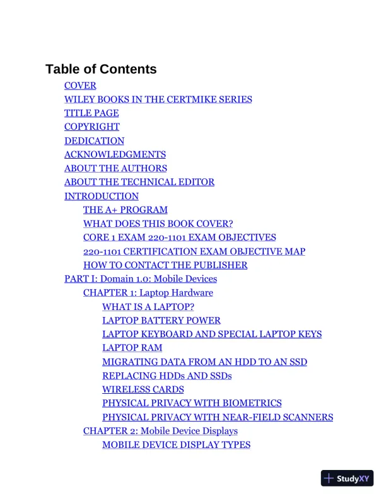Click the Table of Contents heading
(101, 69)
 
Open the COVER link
(80, 86)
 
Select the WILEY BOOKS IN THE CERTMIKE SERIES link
(158, 100)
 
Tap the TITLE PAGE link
(91, 113)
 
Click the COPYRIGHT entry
(91, 127)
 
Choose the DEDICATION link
(94, 141)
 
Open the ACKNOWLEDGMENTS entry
(115, 154)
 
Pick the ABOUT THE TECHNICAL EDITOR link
(139, 182)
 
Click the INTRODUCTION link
(101, 196)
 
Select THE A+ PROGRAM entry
(125, 210)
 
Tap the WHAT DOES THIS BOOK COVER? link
(158, 224)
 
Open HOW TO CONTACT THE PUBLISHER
(165, 265)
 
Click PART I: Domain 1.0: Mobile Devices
(140, 278)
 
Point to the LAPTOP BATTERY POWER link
(161, 320)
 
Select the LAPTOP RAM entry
(132, 348)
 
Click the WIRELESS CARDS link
(143, 389)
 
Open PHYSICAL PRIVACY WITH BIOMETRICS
(192, 403)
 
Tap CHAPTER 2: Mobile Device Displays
(160, 431)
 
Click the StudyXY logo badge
(347, 478)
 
